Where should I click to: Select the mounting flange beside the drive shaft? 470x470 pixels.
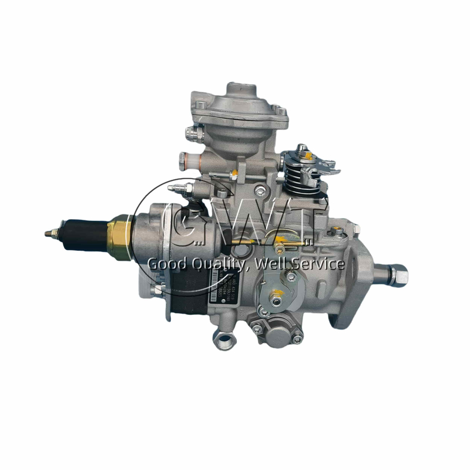(353, 276)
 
